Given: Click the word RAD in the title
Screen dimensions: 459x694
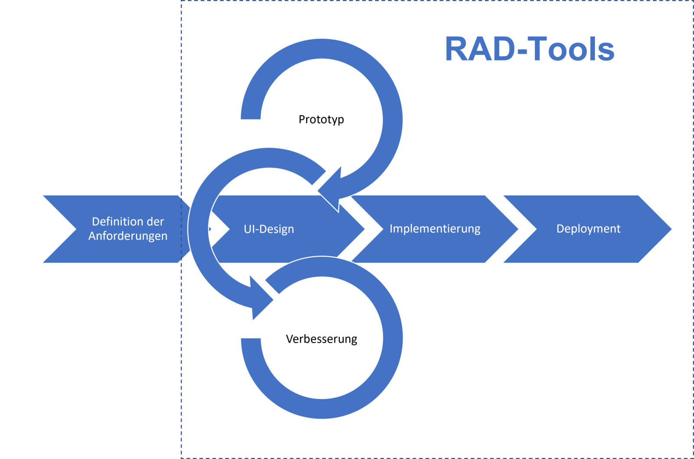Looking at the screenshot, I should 479,49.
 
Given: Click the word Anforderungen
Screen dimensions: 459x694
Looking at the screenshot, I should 128,236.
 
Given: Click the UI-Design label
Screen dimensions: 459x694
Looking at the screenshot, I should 269,229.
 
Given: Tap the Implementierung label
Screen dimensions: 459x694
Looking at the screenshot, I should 435,229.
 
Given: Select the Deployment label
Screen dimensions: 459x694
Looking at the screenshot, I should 588,229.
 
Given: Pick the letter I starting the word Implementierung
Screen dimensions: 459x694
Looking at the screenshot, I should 391,228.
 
